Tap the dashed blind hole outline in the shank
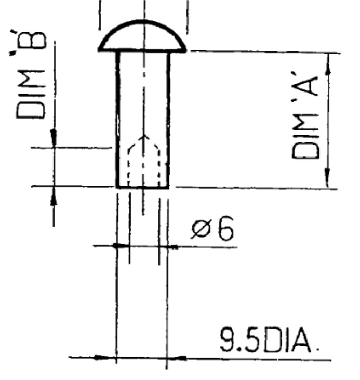click(128, 165)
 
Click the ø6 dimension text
click(212, 228)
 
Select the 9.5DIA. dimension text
click(269, 340)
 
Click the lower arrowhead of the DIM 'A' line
click(327, 177)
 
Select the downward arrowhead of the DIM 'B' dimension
click(54, 138)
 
